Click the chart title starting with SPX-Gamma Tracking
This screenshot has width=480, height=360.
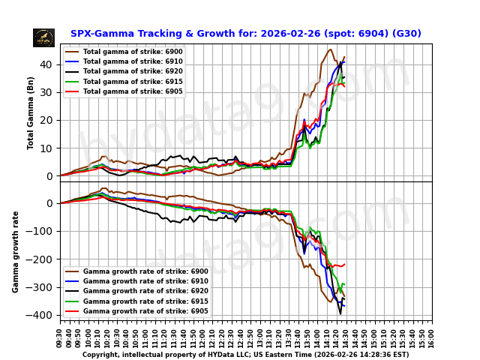tap(245, 34)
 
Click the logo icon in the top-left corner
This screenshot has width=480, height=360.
tap(43, 37)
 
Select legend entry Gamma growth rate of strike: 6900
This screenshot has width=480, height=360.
tap(145, 271)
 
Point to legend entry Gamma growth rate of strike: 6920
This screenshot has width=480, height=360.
tap(145, 291)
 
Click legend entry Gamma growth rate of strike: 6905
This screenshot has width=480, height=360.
tap(145, 310)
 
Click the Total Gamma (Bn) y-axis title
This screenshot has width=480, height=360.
tap(31, 112)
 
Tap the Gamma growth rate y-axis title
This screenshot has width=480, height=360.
tap(16, 251)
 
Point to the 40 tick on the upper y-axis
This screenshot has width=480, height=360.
tap(49, 64)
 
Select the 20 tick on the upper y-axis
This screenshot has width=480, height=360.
tap(49, 120)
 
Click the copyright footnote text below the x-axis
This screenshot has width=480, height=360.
tap(245, 355)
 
